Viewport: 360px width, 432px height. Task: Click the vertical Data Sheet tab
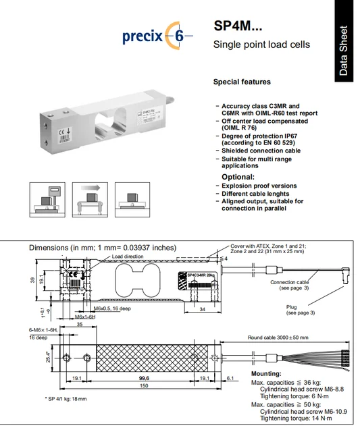(344, 51)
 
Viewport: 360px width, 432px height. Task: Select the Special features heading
(242, 82)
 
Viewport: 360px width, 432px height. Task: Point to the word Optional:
(238, 177)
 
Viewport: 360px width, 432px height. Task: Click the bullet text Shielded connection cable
(261, 151)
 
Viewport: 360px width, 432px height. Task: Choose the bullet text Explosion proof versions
(259, 186)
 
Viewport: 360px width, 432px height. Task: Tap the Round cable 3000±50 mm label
(277, 337)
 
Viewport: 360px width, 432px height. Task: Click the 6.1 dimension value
(231, 379)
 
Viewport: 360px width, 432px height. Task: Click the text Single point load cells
(261, 45)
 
